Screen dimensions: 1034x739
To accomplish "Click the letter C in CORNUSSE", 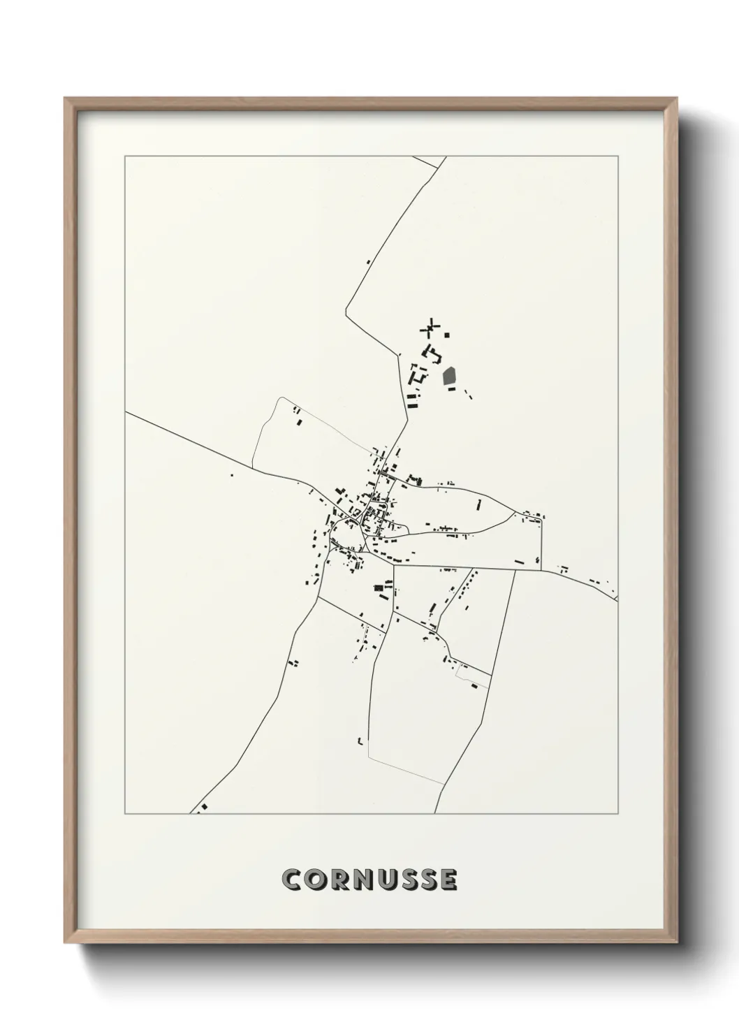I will click(291, 880).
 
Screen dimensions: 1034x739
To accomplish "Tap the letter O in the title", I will click(316, 880).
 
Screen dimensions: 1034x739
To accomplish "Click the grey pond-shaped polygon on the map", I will click(449, 377).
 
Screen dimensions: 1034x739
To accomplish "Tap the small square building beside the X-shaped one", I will click(447, 335).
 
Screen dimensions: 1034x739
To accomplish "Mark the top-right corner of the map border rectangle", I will click(617, 156).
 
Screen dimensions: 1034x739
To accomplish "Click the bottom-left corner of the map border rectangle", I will click(125, 814).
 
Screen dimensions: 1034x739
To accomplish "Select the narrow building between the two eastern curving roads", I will click(479, 504).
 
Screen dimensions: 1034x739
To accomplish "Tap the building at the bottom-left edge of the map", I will click(203, 808).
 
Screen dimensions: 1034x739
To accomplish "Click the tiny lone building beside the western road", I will click(231, 476).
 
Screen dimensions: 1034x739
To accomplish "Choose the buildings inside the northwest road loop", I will click(298, 418).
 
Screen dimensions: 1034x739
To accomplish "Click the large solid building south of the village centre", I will click(381, 589).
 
